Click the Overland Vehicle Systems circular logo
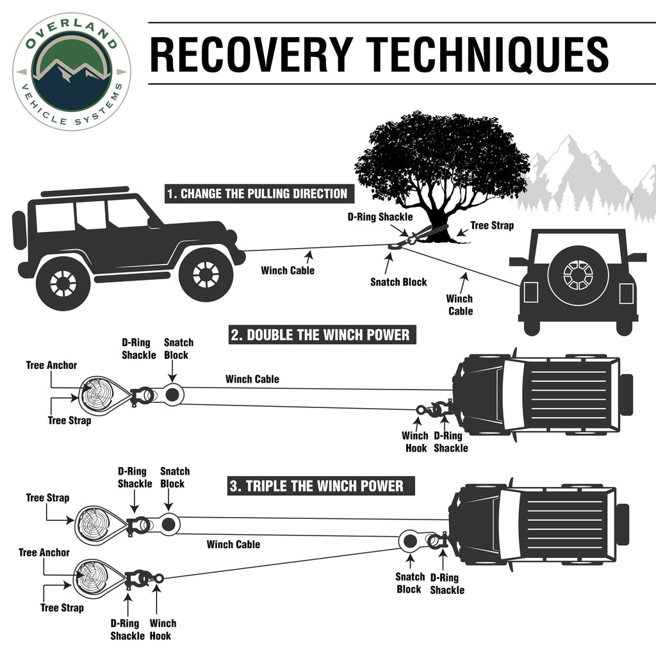pos(71,71)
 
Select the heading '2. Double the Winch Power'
pos(322,335)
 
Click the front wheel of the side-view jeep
pos(206,274)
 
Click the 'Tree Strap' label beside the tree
pos(492,225)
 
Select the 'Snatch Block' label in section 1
pos(398,282)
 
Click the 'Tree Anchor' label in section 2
pos(51,365)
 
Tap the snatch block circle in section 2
pos(172,395)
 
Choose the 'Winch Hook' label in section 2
pos(415,441)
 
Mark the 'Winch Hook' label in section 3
pos(163,629)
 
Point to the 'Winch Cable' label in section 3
pos(233,545)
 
